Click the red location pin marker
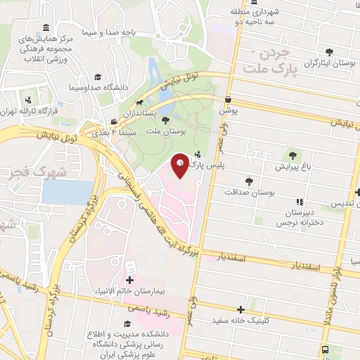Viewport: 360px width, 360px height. [181, 165]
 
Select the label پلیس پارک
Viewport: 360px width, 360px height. [212, 165]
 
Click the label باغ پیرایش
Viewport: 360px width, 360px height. [291, 167]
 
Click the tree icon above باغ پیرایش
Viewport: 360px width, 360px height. [292, 155]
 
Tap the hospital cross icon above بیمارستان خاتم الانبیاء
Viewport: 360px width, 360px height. [129, 279]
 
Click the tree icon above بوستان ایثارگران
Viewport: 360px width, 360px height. [329, 52]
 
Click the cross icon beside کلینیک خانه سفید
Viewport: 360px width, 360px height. [241, 309]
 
